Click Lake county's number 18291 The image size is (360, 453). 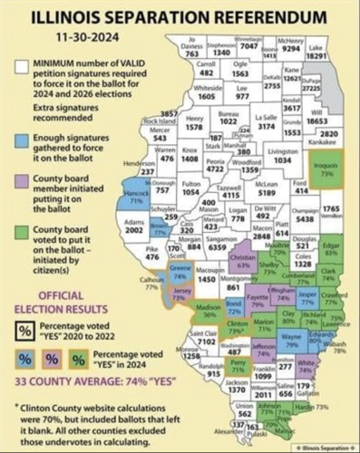(341, 54)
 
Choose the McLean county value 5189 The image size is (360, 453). (267, 191)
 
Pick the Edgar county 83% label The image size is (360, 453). (330, 246)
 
